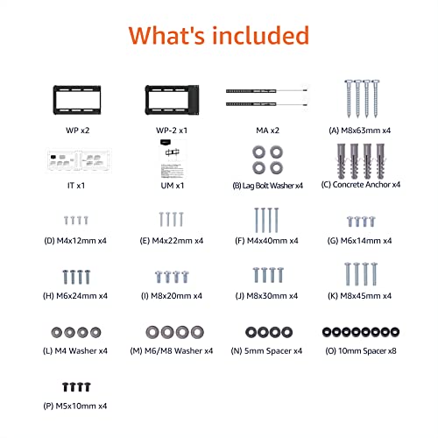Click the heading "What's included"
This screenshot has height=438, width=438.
click(x=218, y=36)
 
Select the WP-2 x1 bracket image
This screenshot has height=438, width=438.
click(x=173, y=95)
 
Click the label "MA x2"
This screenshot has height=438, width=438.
click(x=267, y=130)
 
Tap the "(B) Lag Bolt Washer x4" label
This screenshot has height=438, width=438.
click(x=267, y=186)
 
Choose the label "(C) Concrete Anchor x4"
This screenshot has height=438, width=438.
click(x=361, y=186)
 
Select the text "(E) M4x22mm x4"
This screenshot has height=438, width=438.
click(x=173, y=241)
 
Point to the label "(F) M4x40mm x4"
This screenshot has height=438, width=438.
click(x=267, y=241)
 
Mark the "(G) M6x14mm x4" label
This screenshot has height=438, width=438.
click(x=361, y=241)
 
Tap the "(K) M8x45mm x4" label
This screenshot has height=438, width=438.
click(x=361, y=296)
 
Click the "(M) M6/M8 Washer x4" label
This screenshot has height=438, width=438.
click(x=173, y=350)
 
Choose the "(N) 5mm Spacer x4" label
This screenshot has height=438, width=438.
click(x=267, y=350)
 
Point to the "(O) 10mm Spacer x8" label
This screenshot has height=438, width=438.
click(x=361, y=350)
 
